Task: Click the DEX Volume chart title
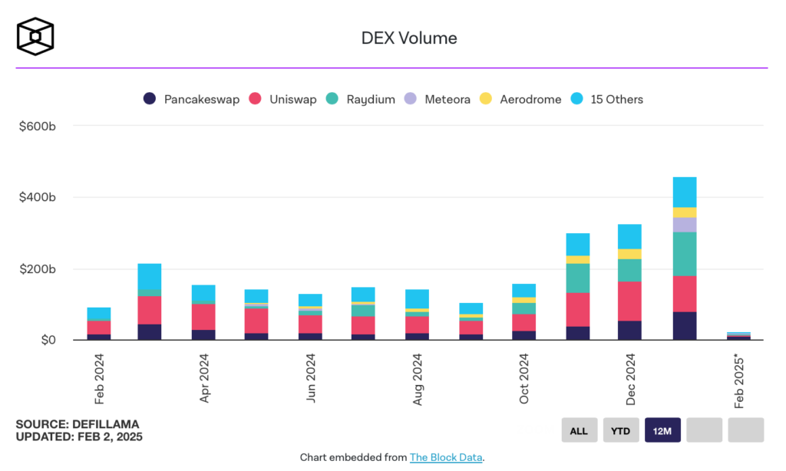408,38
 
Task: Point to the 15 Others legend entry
607,99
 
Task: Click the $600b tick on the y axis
36,126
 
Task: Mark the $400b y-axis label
36,198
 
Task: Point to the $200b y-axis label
36,269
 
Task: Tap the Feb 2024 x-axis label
99,377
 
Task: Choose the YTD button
620,430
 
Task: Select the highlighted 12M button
662,430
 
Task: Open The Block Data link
446,457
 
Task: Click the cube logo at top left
35,37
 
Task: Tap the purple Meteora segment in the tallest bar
685,224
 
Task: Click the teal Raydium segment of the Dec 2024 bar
630,270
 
